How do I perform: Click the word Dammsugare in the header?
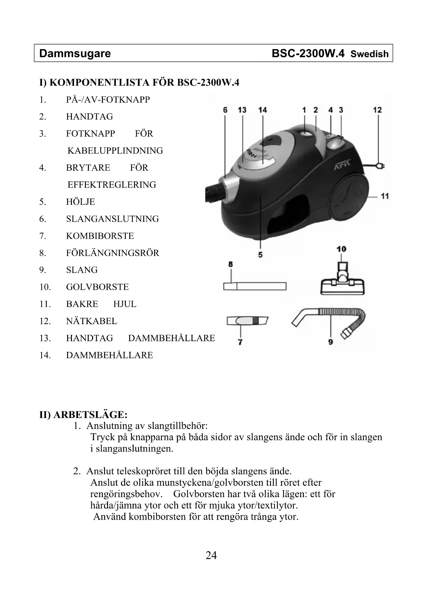[75, 54]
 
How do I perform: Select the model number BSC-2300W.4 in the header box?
[308, 54]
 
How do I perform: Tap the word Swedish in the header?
[369, 54]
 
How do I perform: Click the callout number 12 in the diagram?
[377, 110]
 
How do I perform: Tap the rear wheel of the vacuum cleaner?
[349, 197]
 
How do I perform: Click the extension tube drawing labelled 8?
[255, 286]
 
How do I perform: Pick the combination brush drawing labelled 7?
[247, 321]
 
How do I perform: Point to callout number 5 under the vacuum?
[260, 255]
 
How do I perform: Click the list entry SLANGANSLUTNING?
[112, 219]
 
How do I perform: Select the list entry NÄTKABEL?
[91, 321]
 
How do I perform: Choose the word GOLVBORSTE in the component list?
[97, 287]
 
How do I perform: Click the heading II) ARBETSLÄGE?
[84, 415]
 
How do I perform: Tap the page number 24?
[211, 555]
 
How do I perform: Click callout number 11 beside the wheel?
[384, 196]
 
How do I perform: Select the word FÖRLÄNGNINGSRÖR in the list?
[112, 253]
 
